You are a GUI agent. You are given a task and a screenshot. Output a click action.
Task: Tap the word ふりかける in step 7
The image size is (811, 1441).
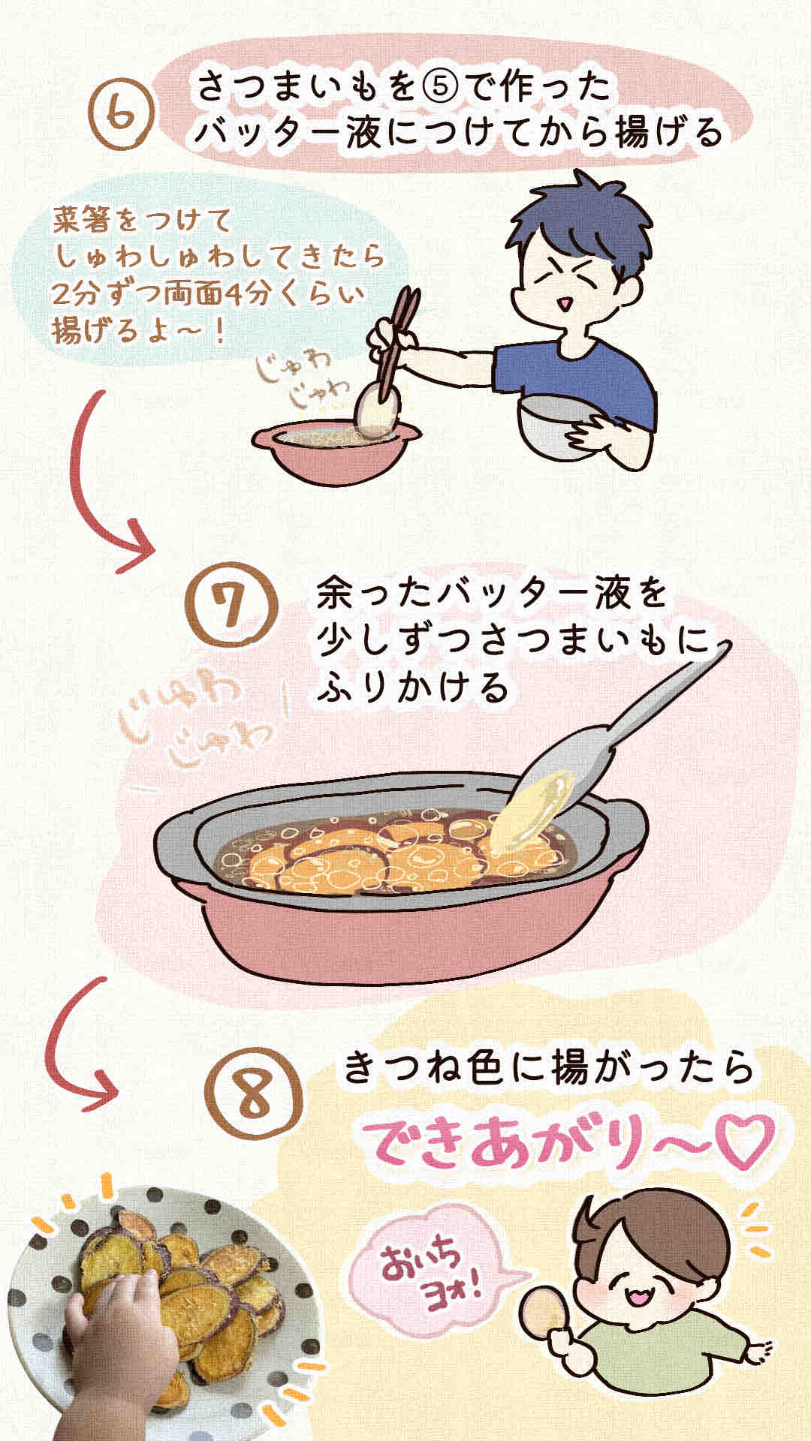[412, 687]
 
